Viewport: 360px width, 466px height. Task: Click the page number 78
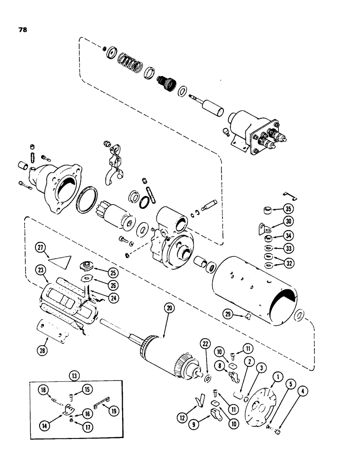(x=23, y=29)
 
